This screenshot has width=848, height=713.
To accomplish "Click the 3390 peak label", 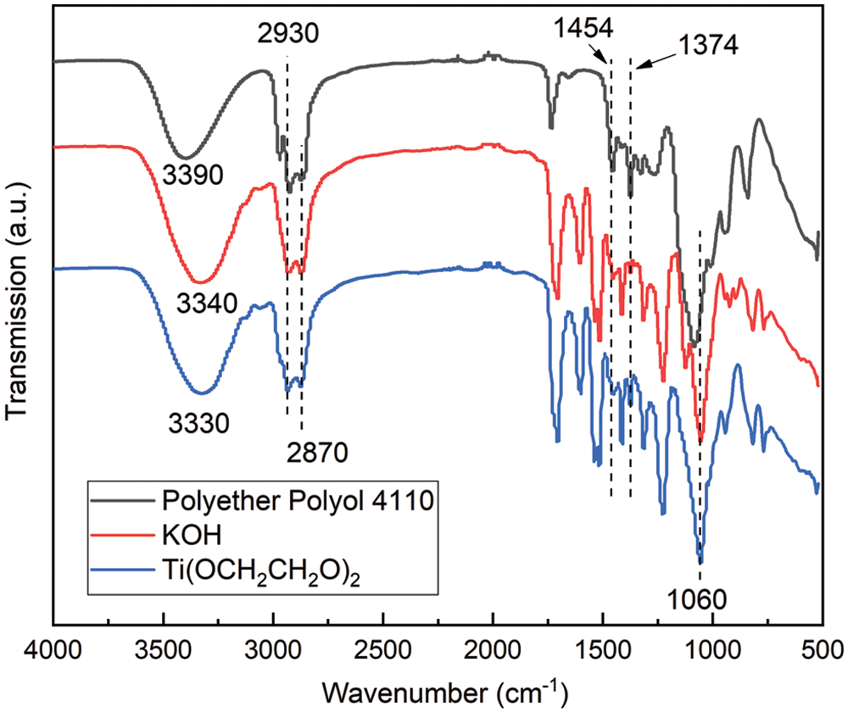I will pos(191,175).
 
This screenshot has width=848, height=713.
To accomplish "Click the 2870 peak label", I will pos(315,452).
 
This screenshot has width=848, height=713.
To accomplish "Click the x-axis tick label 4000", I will pos(53,651).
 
